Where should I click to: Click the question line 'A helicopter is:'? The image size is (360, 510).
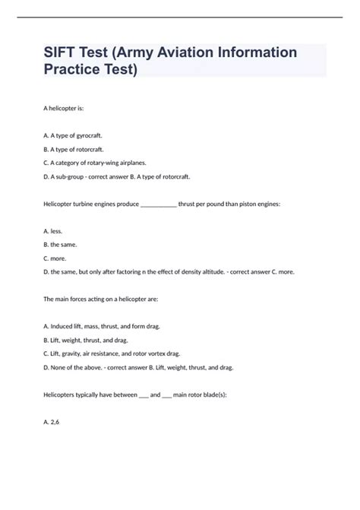tap(68, 108)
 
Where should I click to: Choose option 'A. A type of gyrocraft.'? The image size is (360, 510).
tap(73, 135)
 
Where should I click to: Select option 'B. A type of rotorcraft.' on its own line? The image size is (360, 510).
tap(74, 149)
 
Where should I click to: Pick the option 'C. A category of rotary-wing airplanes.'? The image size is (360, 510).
tap(95, 163)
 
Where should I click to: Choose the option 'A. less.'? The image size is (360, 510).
tap(53, 231)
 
